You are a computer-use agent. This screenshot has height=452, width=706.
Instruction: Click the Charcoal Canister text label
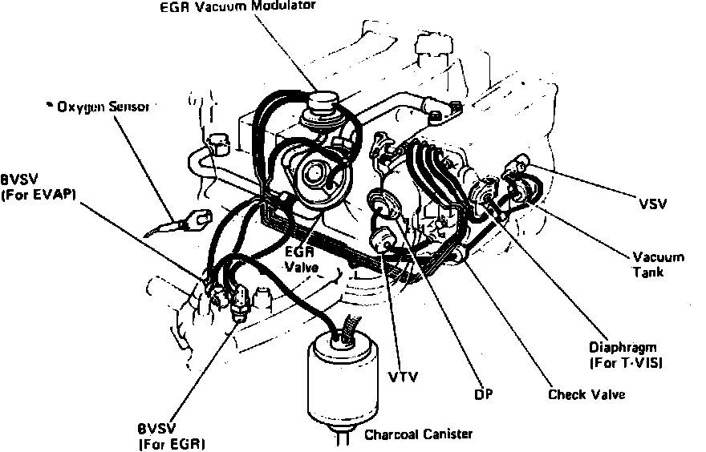click(x=418, y=434)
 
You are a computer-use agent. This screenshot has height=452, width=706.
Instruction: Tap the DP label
click(x=483, y=394)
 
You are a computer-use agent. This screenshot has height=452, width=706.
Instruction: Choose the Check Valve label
click(x=586, y=394)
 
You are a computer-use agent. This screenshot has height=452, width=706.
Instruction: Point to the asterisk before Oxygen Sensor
click(x=49, y=104)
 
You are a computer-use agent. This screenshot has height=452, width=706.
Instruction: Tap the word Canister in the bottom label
click(x=446, y=434)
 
